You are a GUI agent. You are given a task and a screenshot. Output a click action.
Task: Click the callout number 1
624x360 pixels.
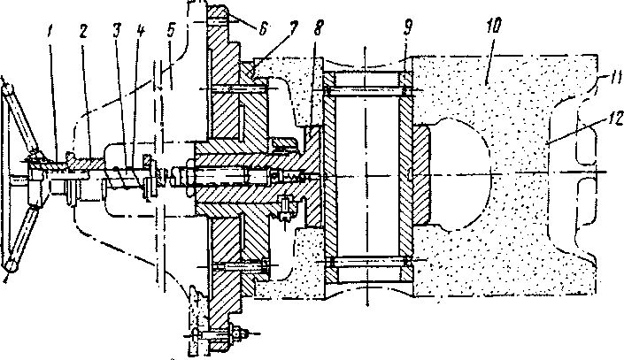[x=49, y=32]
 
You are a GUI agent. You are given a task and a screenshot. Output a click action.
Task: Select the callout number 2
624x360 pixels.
[x=83, y=32]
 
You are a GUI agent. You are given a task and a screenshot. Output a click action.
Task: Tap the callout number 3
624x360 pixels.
[x=116, y=30]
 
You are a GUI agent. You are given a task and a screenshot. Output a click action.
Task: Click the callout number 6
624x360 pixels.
[x=263, y=28]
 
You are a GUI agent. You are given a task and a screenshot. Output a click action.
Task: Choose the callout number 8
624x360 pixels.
[x=319, y=27]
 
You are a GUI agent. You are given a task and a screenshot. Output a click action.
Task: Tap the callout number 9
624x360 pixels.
[x=408, y=27]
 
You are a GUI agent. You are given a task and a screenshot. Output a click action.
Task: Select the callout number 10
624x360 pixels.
[x=493, y=26]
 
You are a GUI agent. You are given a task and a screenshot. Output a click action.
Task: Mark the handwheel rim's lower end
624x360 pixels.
[x=11, y=265]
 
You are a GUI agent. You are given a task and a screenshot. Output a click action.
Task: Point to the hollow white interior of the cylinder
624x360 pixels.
[x=367, y=175]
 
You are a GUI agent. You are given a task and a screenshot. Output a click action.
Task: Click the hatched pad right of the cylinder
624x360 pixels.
[x=421, y=175]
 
